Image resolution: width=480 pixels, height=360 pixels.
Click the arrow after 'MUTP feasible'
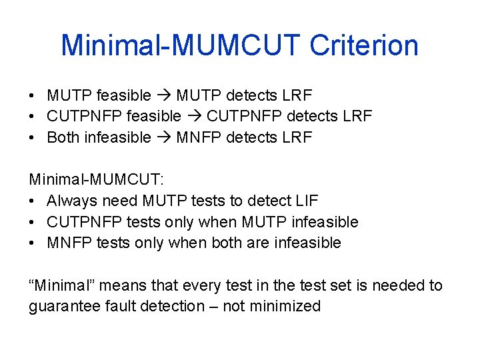[x=165, y=95]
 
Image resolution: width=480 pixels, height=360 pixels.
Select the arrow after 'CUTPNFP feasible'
[x=193, y=116]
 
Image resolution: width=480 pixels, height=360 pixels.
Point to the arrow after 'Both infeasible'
[x=164, y=137]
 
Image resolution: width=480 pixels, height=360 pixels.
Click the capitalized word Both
[x=63, y=137]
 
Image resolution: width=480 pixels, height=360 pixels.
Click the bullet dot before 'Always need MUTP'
[x=33, y=201]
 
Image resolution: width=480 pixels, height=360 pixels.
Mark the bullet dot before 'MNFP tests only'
[x=33, y=243]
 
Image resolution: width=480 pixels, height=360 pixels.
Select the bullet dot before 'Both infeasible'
[x=33, y=137]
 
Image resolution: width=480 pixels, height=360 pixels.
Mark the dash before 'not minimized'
[x=215, y=307]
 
